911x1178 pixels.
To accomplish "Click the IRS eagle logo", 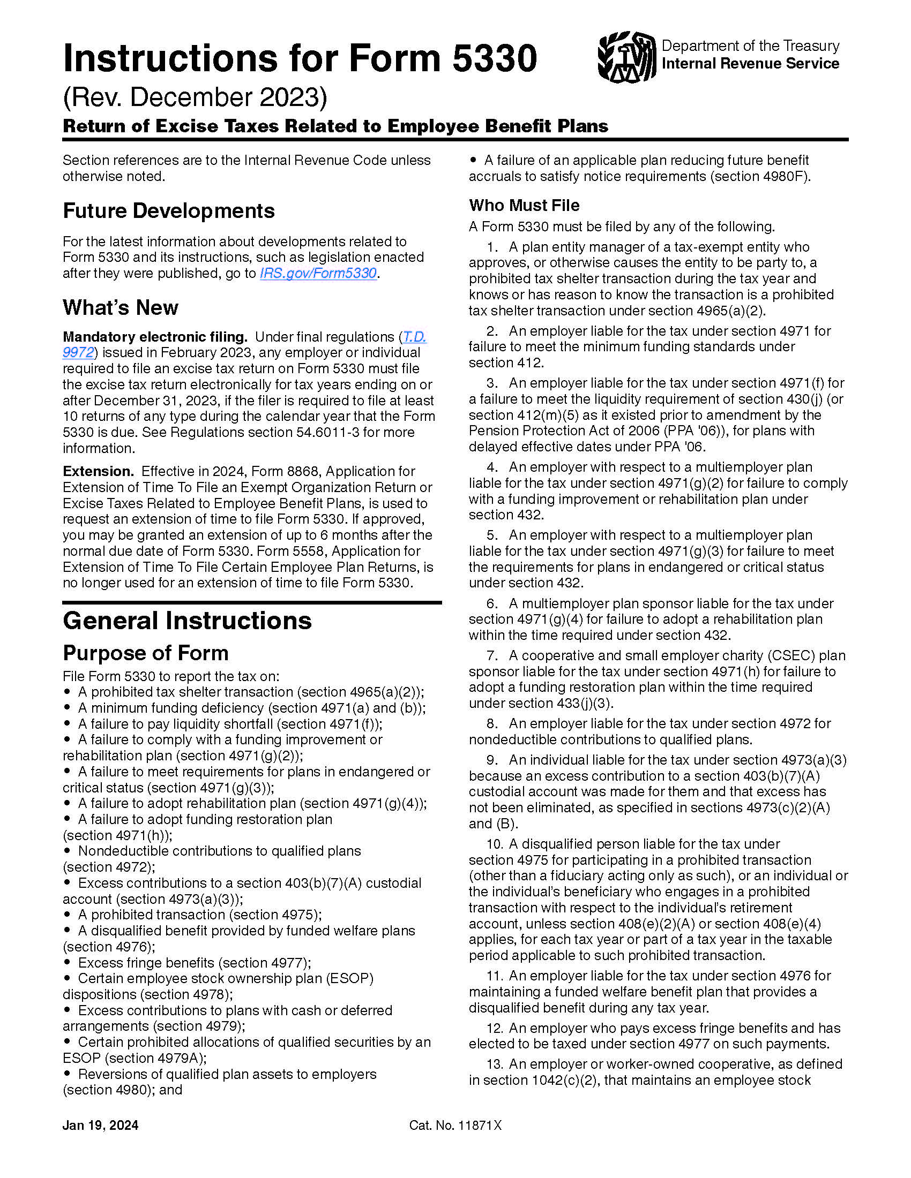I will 626,56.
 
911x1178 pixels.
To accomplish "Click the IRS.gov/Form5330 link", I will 318,273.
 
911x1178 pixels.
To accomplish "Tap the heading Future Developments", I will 168,210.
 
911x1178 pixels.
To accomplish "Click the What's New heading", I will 121,307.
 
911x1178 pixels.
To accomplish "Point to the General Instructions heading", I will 186,620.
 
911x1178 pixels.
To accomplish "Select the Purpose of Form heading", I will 145,653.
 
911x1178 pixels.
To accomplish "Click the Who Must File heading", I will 524,205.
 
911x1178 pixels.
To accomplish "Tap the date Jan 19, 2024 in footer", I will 100,1125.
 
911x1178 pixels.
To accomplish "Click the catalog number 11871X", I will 480,1125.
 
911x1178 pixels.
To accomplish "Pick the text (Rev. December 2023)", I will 195,97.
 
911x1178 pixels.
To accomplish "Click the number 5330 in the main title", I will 495,58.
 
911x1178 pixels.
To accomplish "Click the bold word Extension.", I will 98,471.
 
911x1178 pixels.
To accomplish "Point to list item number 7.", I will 491,655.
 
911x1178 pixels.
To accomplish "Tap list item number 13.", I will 495,1064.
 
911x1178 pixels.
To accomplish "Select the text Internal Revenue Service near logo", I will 750,64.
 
